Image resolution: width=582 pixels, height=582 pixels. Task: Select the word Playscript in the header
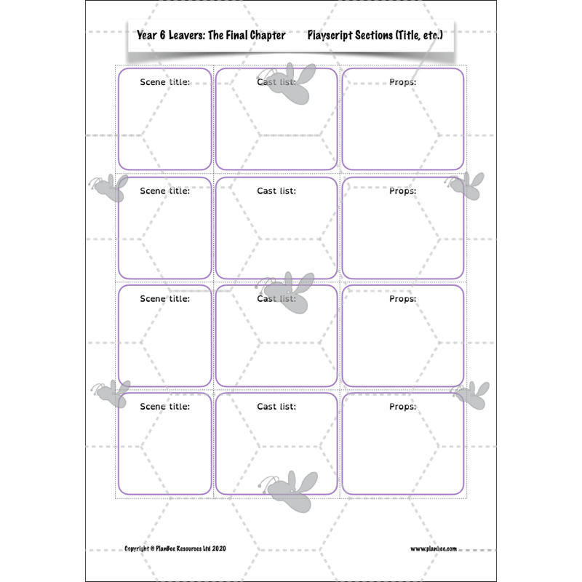point(330,35)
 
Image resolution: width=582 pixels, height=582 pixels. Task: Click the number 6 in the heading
point(162,35)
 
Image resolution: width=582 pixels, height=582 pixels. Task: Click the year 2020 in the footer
point(219,549)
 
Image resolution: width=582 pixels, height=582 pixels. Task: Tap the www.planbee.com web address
point(434,549)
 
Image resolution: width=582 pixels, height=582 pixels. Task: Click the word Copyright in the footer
point(137,549)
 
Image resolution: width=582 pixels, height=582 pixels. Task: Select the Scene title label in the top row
point(165,82)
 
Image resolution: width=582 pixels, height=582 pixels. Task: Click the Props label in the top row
point(403,82)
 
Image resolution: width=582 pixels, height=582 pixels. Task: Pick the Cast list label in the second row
point(276,191)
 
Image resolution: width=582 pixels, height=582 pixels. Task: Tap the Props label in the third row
point(403,299)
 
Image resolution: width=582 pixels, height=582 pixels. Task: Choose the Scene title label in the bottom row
point(165,407)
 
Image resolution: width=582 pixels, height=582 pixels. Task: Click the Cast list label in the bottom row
point(276,407)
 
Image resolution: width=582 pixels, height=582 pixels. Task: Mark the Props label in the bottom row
point(403,407)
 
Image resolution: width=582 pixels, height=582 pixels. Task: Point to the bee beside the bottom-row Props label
point(471,396)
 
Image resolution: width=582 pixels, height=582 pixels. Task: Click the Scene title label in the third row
point(165,299)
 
